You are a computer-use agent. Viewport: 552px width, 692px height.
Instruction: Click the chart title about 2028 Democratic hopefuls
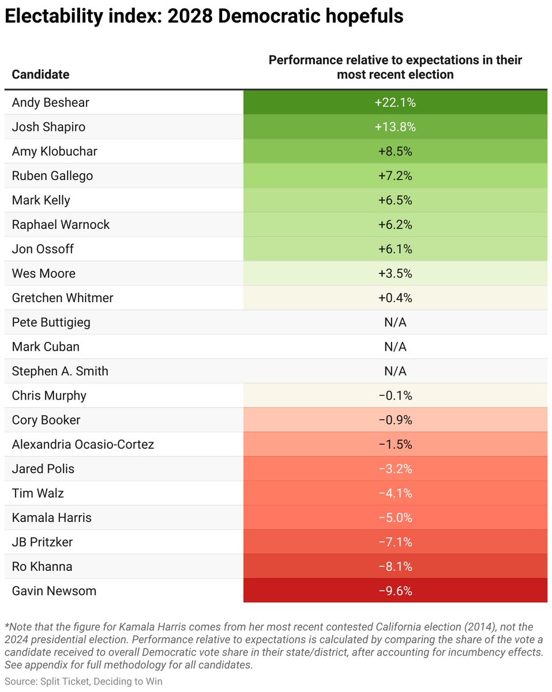pyautogui.click(x=204, y=17)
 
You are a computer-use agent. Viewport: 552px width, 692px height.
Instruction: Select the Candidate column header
pyautogui.click(x=40, y=74)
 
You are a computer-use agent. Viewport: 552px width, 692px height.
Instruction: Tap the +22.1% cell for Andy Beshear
pyautogui.click(x=395, y=103)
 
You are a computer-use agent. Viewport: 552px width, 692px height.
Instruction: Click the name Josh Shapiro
pyautogui.click(x=48, y=127)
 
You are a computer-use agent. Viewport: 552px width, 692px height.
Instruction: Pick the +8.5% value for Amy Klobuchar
pyautogui.click(x=395, y=152)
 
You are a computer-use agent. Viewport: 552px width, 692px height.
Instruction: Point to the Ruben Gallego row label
pyautogui.click(x=52, y=176)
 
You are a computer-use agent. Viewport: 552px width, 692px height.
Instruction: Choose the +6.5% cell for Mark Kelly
pyautogui.click(x=395, y=200)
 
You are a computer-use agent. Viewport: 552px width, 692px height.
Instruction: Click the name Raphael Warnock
pyautogui.click(x=61, y=225)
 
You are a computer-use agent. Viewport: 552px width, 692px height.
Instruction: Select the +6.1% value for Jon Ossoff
pyautogui.click(x=395, y=249)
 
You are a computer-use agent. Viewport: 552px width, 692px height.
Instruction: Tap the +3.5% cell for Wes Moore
pyautogui.click(x=395, y=273)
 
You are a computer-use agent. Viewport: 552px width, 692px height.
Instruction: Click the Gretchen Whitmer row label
pyautogui.click(x=62, y=298)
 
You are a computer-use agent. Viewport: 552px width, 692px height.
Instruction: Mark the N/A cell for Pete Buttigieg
pyautogui.click(x=395, y=322)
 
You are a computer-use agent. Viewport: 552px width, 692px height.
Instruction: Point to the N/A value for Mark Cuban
pyautogui.click(x=395, y=347)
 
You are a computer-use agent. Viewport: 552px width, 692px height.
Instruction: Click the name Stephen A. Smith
pyautogui.click(x=60, y=371)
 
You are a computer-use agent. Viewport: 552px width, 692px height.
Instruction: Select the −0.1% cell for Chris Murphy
pyautogui.click(x=395, y=396)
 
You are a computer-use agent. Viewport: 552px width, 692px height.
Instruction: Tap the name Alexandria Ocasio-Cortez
pyautogui.click(x=83, y=445)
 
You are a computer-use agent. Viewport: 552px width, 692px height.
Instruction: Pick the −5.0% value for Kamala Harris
pyautogui.click(x=395, y=518)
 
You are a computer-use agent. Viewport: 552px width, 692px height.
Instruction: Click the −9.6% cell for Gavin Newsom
pyautogui.click(x=395, y=591)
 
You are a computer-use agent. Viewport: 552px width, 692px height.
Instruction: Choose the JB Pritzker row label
pyautogui.click(x=42, y=542)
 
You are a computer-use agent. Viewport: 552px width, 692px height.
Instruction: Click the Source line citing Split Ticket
pyautogui.click(x=84, y=682)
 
